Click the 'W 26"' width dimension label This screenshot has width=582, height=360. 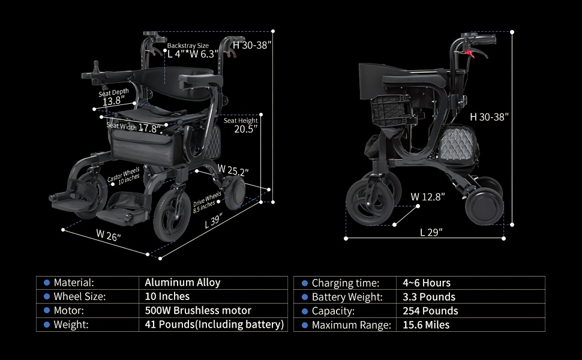[x=109, y=235]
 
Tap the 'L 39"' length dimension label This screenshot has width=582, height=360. [x=214, y=221]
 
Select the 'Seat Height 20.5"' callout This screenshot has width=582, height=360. [x=241, y=125]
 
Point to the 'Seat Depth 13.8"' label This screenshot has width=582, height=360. [x=113, y=97]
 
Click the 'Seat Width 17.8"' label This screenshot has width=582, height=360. [x=134, y=127]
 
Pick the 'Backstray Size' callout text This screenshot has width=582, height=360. [x=188, y=46]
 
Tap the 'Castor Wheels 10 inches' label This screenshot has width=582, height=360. [x=124, y=176]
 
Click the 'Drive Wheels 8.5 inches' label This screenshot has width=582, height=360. [x=207, y=202]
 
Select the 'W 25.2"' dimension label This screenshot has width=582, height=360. [x=233, y=170]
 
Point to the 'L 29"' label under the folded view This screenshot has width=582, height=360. [x=431, y=232]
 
